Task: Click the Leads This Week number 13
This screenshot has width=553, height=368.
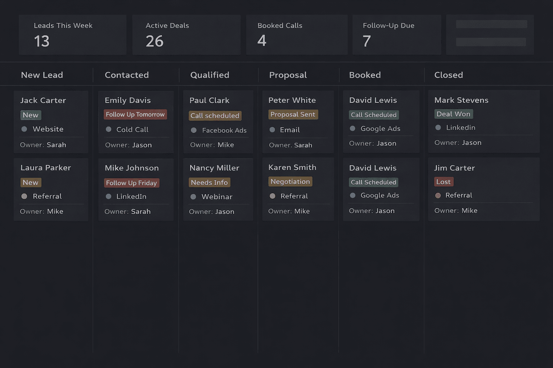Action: pos(42,41)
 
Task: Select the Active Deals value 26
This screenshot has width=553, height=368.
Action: pos(155,41)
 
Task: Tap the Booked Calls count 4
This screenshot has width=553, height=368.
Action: pos(262,41)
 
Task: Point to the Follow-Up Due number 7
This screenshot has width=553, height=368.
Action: pos(367,41)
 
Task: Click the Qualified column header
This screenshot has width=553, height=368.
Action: pos(210,75)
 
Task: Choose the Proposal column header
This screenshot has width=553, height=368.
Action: pos(288,75)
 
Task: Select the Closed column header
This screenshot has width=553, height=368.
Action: pos(448,75)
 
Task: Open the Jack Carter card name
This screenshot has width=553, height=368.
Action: pos(43,100)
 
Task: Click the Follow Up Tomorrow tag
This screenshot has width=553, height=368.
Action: pos(135,114)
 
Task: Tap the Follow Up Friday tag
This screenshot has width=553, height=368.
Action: pos(131,183)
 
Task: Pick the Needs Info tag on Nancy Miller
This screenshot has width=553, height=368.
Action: pos(209,182)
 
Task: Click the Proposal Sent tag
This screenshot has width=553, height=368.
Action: pos(293,114)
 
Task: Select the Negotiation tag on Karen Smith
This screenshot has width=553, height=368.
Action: pos(290,181)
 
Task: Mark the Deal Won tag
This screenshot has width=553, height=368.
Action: pos(453,114)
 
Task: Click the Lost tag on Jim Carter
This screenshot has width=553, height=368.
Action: pos(443,182)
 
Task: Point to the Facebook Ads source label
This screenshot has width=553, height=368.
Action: pos(224,130)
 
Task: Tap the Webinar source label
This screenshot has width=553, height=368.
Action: pos(217,197)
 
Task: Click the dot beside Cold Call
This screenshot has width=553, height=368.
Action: pos(108,129)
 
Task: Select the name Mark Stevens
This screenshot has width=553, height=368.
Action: pos(461,100)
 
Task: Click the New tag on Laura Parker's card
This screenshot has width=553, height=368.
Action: pos(31,182)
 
